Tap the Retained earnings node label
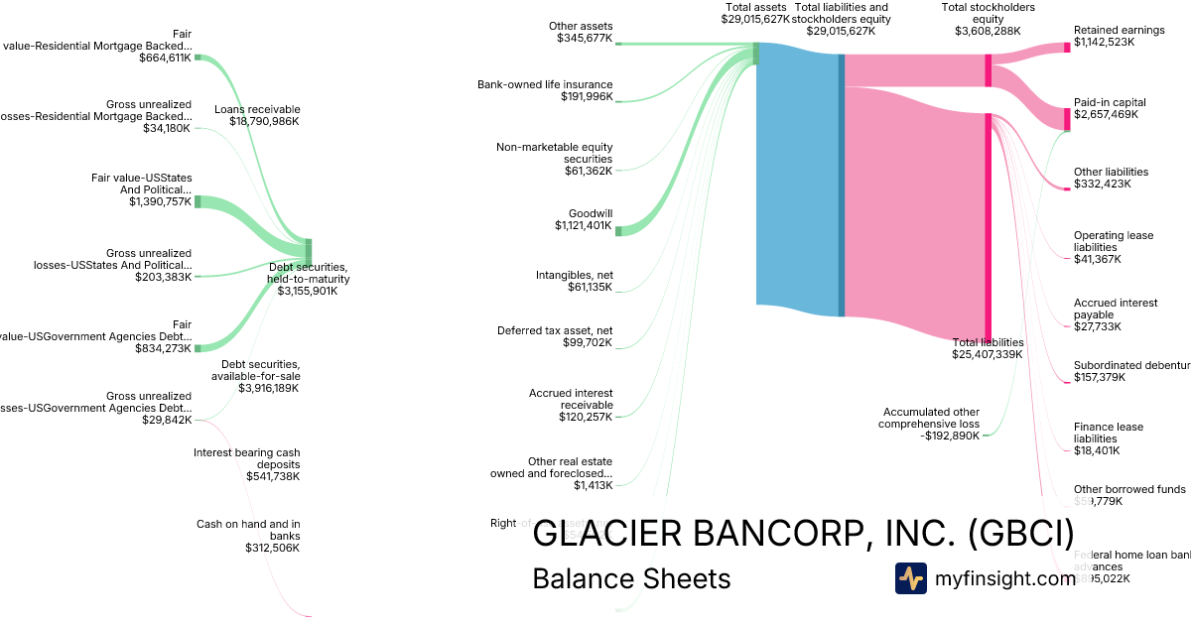click(x=1119, y=36)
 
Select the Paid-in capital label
click(x=1110, y=108)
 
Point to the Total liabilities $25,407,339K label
click(x=988, y=348)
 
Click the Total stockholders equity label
click(x=988, y=19)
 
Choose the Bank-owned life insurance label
click(x=559, y=90)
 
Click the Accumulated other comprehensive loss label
click(x=929, y=423)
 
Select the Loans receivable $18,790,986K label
click(x=257, y=115)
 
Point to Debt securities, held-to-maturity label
click(x=309, y=279)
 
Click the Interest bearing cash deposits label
click(x=246, y=464)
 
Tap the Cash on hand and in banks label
click(x=248, y=536)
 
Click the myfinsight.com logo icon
click(x=910, y=578)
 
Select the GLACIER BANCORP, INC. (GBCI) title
click(x=803, y=534)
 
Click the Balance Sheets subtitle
click(x=631, y=578)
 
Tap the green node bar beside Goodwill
click(x=617, y=231)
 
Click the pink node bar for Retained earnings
click(x=1068, y=48)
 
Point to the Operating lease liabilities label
click(x=1113, y=247)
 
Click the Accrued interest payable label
click(x=1115, y=314)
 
